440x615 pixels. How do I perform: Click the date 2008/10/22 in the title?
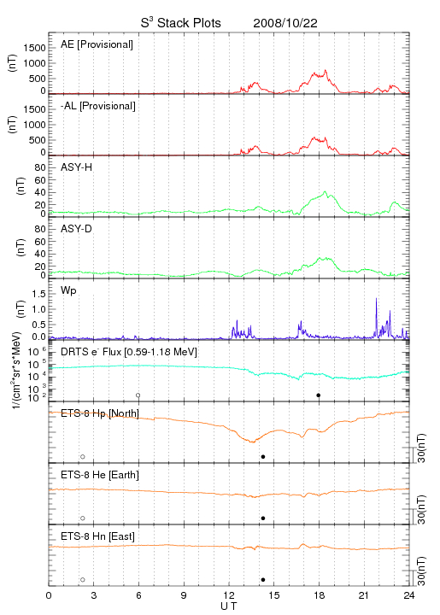[x=285, y=23]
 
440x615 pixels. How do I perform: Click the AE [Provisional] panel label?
[x=97, y=44]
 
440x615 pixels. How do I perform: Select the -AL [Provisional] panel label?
[x=98, y=106]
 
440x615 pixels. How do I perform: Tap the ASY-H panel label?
[x=77, y=167]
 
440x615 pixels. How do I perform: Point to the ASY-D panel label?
[x=77, y=229]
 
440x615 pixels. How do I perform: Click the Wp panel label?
[x=68, y=291]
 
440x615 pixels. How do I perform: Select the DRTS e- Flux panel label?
[x=129, y=352]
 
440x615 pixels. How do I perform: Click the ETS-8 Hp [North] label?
[x=100, y=413]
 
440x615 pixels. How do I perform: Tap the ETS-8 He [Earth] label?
[x=100, y=475]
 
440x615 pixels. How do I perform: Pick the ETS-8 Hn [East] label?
[x=97, y=536]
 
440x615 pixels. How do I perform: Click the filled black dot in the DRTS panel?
[x=319, y=395]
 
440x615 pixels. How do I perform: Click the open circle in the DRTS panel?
[x=138, y=395]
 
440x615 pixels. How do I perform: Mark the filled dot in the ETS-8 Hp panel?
[x=263, y=456]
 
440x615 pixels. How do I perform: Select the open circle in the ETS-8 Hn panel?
[x=83, y=580]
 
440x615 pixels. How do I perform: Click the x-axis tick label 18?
[x=320, y=595]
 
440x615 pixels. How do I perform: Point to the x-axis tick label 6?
[x=138, y=595]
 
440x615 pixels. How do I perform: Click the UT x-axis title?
[x=229, y=606]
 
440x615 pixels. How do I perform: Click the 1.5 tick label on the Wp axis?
[x=38, y=294]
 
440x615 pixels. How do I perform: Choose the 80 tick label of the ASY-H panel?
[x=40, y=168]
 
